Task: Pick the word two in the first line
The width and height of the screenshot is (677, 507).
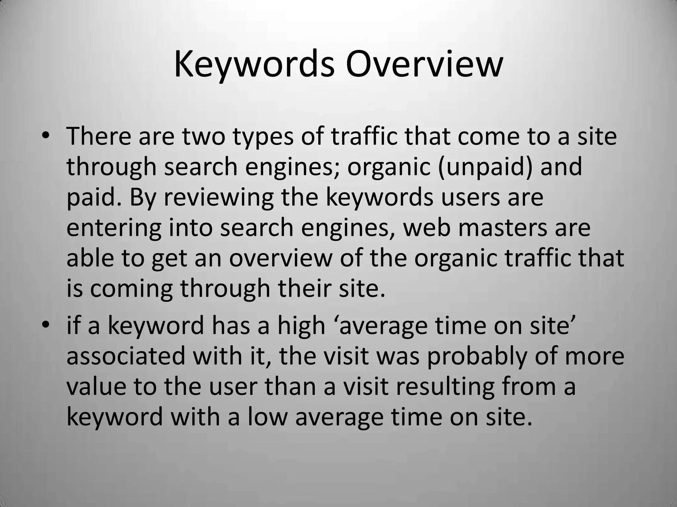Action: point(204,136)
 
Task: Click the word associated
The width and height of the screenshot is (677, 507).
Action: point(126,356)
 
